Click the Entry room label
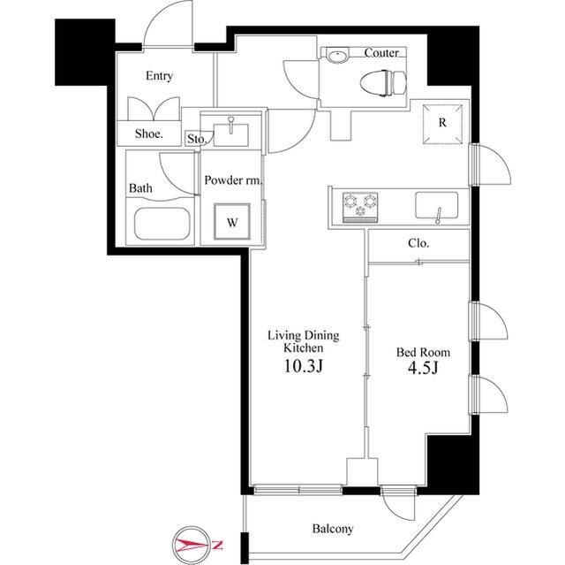coord(159,76)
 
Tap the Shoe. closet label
coord(149,134)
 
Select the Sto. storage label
coord(196,139)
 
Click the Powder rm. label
coord(232,180)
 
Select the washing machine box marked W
coord(231,222)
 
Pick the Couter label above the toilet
coord(381,53)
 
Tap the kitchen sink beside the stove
coord(437,206)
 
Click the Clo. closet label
coord(418,242)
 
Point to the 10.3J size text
coord(304,365)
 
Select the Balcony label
coord(332,529)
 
